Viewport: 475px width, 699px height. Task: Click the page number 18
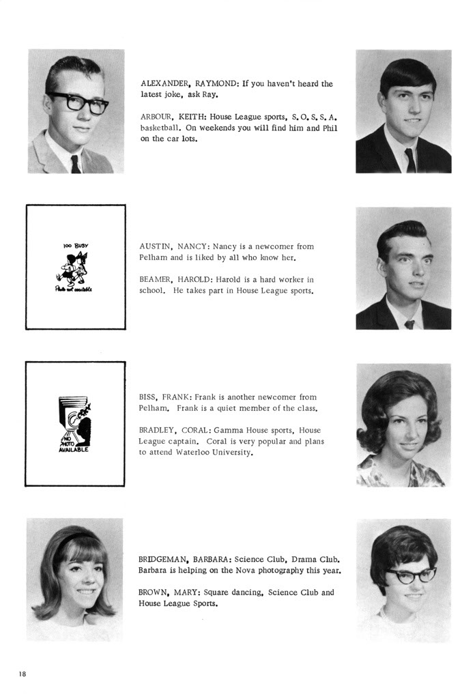tap(23, 674)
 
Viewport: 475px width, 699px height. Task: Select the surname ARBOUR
tap(154, 117)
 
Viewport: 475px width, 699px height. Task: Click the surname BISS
tap(148, 397)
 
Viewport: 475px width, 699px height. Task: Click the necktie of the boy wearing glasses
tap(75, 164)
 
